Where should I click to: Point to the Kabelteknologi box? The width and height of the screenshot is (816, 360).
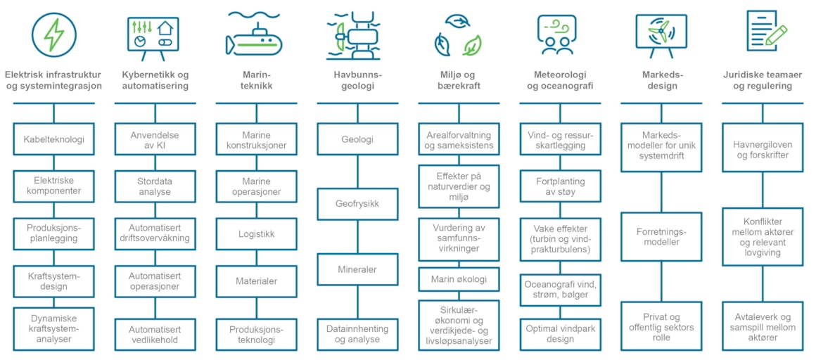[53, 139]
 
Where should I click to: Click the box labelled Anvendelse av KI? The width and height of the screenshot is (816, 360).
[155, 139]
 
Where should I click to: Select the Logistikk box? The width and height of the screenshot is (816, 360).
[256, 234]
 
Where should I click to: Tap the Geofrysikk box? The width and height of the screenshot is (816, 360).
[357, 204]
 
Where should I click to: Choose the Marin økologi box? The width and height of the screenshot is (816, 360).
[459, 279]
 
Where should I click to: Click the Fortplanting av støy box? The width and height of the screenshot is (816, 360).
[560, 187]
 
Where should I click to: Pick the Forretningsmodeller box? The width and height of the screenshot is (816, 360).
[661, 236]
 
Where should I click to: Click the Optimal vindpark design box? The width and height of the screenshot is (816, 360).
[560, 333]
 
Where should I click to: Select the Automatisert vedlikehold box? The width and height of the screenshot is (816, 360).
[155, 335]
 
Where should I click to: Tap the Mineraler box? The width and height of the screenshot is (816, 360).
[357, 269]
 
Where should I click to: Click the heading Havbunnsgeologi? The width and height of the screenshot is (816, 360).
[357, 81]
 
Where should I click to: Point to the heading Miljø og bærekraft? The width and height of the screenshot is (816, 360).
[459, 81]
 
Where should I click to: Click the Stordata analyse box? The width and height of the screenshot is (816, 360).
[155, 187]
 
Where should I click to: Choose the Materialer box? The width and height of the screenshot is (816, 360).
[256, 281]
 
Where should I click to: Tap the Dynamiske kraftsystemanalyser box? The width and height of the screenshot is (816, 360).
[53, 329]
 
